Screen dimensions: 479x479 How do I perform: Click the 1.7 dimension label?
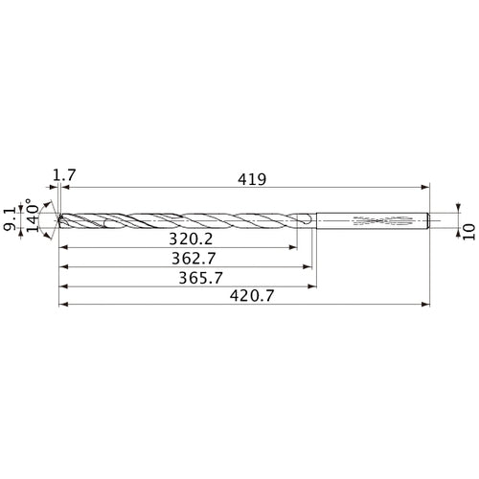tap(65, 175)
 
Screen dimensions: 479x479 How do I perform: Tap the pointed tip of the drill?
tap(58, 221)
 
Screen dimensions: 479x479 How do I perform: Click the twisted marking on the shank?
tap(379, 221)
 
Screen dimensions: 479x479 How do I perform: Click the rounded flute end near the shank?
tap(305, 221)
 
